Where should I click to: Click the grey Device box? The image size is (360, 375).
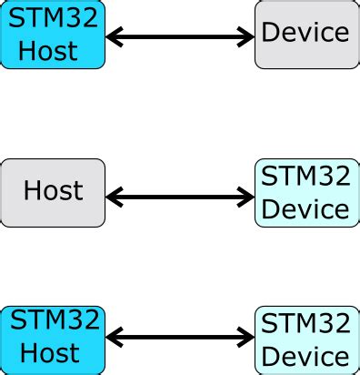[305, 35]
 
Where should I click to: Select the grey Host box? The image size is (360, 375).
[53, 192]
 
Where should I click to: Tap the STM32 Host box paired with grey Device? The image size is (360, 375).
[53, 35]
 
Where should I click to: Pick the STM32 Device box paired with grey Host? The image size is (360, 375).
[305, 192]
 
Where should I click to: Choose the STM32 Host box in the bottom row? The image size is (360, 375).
[53, 340]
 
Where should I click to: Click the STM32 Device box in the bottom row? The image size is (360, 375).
[305, 340]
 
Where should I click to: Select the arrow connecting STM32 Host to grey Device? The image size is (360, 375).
[180, 37]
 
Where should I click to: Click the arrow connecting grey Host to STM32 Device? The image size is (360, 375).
[180, 196]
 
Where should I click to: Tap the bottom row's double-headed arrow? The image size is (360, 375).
[180, 340]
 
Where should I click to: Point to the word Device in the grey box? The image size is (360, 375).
[305, 33]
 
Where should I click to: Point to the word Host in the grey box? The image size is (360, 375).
[53, 191]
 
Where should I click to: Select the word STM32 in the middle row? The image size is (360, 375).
[305, 174]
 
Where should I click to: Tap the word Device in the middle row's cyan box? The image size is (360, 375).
[305, 209]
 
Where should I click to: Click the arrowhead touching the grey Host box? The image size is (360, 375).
[115, 196]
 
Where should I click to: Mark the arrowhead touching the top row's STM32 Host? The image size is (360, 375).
[115, 37]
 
